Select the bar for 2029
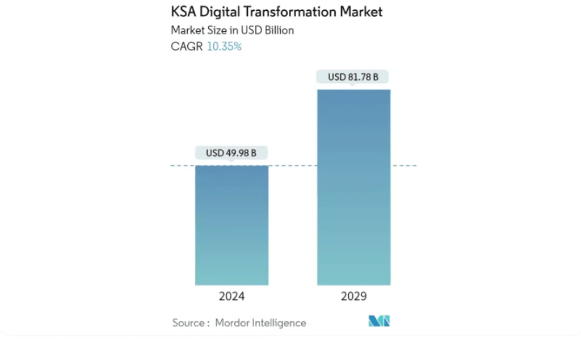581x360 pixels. tap(353, 187)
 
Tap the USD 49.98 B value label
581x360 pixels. tap(231, 153)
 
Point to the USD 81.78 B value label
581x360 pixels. tap(353, 77)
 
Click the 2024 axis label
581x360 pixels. tap(231, 296)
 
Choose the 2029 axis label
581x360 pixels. tap(353, 296)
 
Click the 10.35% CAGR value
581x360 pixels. tap(224, 47)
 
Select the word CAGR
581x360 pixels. tap(187, 47)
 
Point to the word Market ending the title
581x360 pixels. tap(361, 11)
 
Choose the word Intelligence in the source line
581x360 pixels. tap(280, 323)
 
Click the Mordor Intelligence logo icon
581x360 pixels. tap(379, 321)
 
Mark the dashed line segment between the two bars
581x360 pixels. tap(292, 166)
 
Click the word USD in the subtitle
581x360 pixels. tap(250, 30)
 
